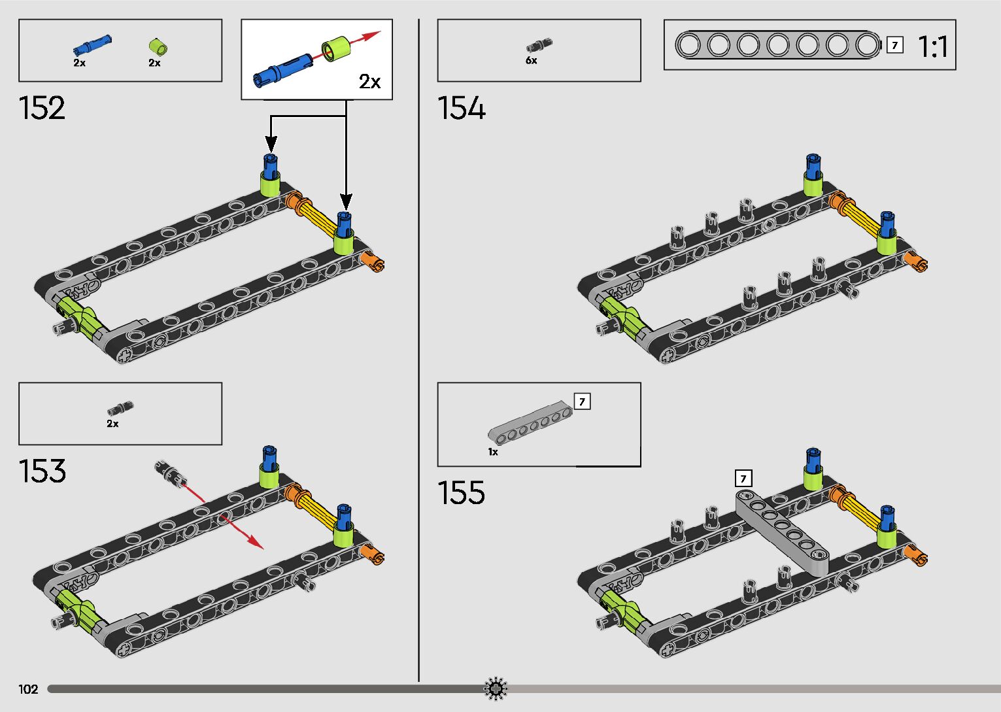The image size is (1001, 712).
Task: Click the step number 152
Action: coord(42,108)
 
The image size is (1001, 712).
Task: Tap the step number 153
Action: coord(42,471)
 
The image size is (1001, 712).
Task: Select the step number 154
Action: coord(462,108)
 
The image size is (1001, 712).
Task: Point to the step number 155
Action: coord(462,492)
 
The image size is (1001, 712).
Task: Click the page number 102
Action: coord(28,689)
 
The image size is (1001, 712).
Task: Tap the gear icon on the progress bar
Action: coord(496,688)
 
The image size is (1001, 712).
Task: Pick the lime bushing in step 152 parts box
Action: coord(158,46)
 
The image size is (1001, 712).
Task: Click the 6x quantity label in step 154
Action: coord(532,61)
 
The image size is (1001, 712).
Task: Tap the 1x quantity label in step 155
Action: coord(493,452)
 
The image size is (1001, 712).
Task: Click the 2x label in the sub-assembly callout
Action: coord(369,82)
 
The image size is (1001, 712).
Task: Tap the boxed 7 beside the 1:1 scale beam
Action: coord(894,46)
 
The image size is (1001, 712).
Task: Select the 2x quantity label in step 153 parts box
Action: coord(113,424)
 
